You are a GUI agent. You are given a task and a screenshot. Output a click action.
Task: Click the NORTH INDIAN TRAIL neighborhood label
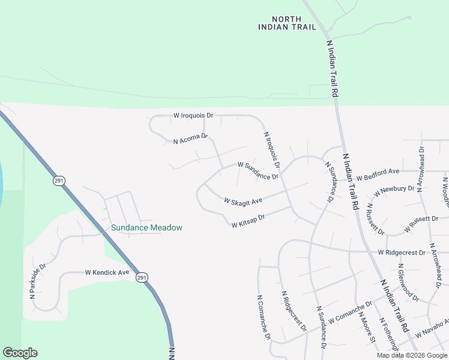click(279, 23)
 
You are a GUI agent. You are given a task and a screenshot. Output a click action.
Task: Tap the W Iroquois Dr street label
click(193, 115)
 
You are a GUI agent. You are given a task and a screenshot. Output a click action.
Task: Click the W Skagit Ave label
click(243, 200)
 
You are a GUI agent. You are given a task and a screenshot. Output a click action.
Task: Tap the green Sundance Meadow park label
click(146, 228)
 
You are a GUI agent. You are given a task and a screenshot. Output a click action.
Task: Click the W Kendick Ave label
click(107, 272)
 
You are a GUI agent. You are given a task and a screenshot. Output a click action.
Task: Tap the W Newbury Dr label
click(394, 191)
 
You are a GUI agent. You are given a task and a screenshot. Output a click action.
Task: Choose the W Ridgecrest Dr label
click(402, 253)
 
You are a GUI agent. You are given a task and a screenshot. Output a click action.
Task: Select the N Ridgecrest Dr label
click(294, 311)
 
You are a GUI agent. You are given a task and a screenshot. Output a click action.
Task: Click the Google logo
click(20, 353)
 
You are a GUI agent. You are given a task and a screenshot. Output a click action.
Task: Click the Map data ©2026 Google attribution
click(412, 355)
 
